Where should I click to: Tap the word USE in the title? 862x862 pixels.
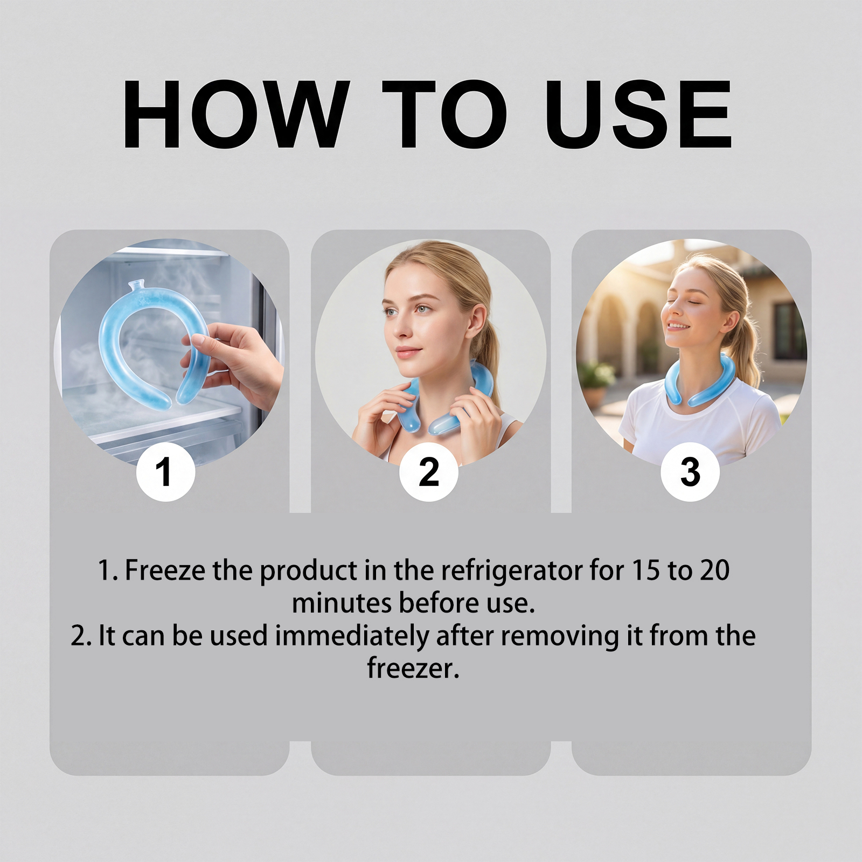pyautogui.click(x=638, y=114)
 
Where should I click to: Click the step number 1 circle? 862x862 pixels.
pyautogui.click(x=165, y=472)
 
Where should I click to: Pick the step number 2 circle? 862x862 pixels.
pyautogui.click(x=428, y=472)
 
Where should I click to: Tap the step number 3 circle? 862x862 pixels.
pyautogui.click(x=690, y=472)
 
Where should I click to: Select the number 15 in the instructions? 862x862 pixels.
pyautogui.click(x=646, y=571)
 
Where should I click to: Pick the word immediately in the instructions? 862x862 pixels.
pyautogui.click(x=352, y=636)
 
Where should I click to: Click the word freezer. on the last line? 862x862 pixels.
pyautogui.click(x=413, y=668)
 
